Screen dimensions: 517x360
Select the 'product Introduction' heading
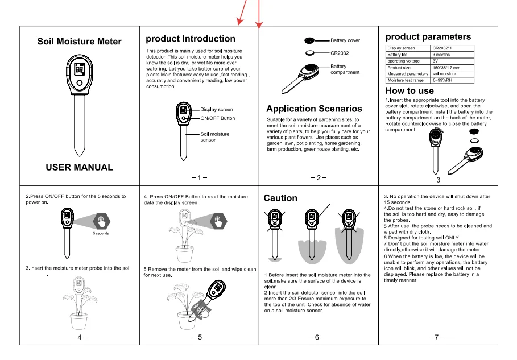(x=190, y=39)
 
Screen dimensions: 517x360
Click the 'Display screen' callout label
(x=216, y=109)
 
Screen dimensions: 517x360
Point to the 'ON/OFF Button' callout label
(x=217, y=118)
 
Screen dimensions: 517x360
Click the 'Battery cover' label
(x=345, y=40)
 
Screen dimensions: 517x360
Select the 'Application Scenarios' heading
(x=314, y=109)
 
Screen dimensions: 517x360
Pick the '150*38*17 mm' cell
(x=446, y=68)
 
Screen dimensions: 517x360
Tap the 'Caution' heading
(x=280, y=198)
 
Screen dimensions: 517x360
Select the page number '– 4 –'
(x=80, y=337)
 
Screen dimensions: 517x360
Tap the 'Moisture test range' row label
(x=407, y=80)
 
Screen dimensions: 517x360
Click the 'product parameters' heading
(x=428, y=37)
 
